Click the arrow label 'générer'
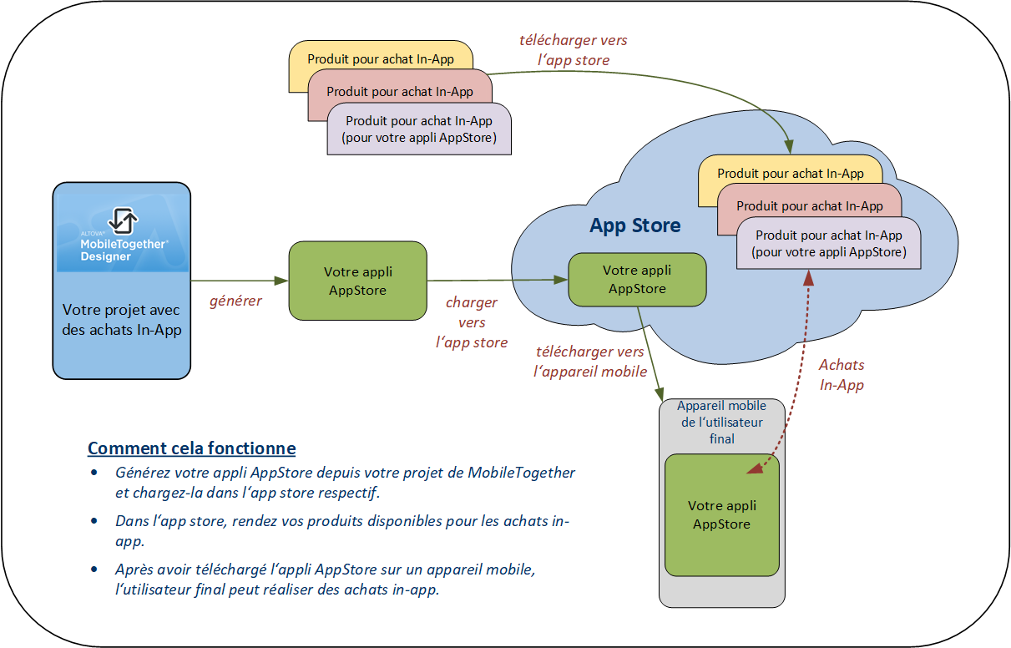(235, 301)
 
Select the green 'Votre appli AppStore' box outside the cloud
(357, 281)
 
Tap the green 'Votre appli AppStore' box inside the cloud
(636, 280)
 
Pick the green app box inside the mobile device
(721, 515)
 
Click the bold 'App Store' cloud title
(634, 225)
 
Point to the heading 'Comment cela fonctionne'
(191, 448)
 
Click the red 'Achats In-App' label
(842, 375)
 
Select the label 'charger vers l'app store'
(472, 322)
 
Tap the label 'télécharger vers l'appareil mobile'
(590, 362)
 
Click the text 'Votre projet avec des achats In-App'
(122, 320)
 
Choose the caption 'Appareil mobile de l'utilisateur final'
(721, 423)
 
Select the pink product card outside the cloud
(401, 92)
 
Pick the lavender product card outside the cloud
(419, 129)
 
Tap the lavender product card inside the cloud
(828, 244)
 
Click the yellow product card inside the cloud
(789, 174)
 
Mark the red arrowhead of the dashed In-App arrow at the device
(755, 469)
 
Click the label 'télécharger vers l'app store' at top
(573, 50)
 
